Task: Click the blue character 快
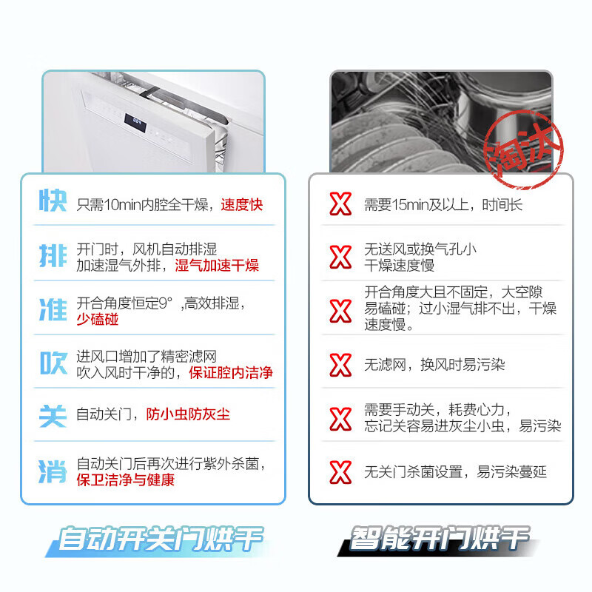tap(53, 202)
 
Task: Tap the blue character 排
tap(53, 256)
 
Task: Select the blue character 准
tap(53, 310)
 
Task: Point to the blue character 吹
tap(53, 363)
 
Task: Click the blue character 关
tap(53, 414)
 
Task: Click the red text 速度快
tap(241, 204)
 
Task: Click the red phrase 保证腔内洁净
tap(230, 373)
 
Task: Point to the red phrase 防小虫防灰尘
tap(187, 414)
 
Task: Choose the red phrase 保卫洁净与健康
tap(125, 480)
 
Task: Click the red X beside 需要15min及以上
tap(340, 204)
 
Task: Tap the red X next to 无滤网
tap(340, 365)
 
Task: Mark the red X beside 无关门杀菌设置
tap(340, 471)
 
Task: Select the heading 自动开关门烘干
tap(161, 539)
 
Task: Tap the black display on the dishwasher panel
tap(135, 120)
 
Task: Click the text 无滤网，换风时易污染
tap(434, 365)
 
